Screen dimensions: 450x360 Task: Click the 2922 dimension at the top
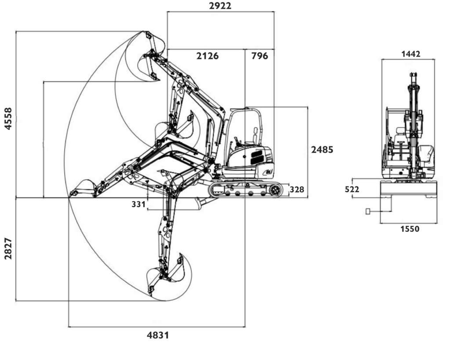coord(220,6)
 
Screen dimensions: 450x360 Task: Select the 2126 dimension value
coord(207,56)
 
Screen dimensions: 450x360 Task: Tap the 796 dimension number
coord(260,56)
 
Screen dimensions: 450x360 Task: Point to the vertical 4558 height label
coord(8,119)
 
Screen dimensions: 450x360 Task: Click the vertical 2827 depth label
coord(8,249)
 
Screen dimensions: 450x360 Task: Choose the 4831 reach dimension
coord(158,335)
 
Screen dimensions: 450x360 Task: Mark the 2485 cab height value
coord(322,149)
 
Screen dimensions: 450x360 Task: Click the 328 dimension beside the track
coord(297,189)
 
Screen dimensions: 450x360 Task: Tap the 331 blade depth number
coord(138,204)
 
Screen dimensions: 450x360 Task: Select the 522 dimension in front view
coord(352,189)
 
